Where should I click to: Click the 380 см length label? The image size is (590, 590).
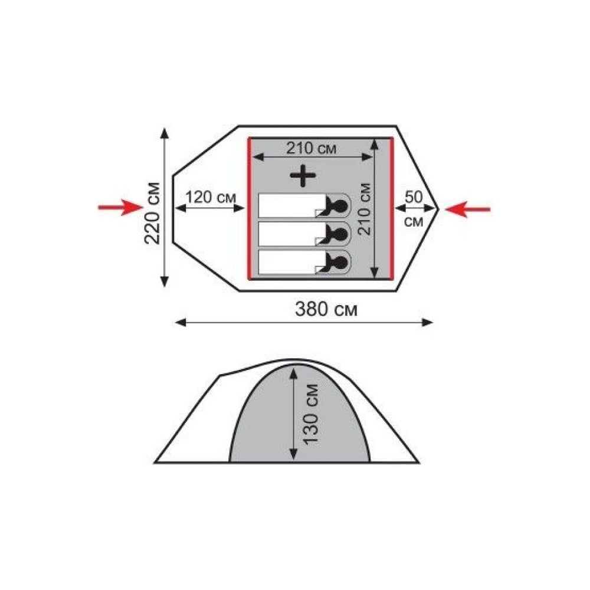pyautogui.click(x=326, y=309)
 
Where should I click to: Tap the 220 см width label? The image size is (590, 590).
pyautogui.click(x=153, y=214)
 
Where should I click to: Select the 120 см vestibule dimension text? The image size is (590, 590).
pyautogui.click(x=211, y=197)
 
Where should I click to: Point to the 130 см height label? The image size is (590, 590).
pyautogui.click(x=311, y=415)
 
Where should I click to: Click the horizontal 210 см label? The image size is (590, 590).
pyautogui.click(x=311, y=148)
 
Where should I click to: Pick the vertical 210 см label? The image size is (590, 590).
pyautogui.click(x=364, y=209)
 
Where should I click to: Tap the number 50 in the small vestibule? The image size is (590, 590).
pyautogui.click(x=414, y=197)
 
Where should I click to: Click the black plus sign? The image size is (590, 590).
pyautogui.click(x=303, y=175)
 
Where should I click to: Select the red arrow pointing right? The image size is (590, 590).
pyautogui.click(x=120, y=207)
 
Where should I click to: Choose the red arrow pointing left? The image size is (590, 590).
pyautogui.click(x=468, y=209)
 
